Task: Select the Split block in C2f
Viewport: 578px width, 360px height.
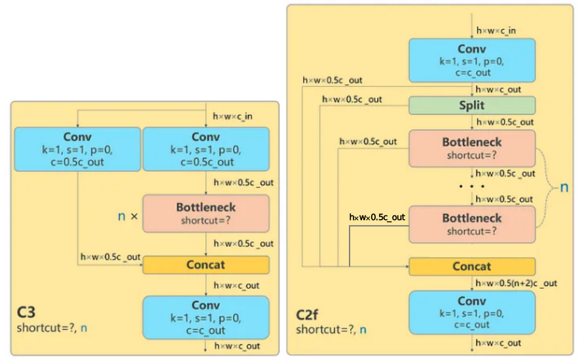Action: (x=472, y=105)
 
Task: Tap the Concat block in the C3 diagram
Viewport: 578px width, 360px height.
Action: (x=206, y=265)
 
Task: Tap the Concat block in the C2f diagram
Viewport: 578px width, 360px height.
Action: (x=472, y=266)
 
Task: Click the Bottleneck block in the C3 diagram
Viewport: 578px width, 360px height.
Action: (x=206, y=213)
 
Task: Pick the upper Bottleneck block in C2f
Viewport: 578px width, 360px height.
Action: (x=472, y=148)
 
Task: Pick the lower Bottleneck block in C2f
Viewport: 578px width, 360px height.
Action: (x=472, y=224)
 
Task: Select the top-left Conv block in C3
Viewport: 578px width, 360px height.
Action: (x=77, y=149)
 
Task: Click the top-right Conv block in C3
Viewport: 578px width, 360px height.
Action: (x=206, y=149)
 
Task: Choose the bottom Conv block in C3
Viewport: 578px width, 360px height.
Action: (x=206, y=317)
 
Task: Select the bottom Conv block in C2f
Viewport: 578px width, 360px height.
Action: (x=472, y=312)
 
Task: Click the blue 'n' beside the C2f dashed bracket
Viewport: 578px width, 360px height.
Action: (x=563, y=188)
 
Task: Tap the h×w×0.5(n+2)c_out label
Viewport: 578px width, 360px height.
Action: (x=516, y=283)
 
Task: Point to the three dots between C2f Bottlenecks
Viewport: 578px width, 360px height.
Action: (x=471, y=187)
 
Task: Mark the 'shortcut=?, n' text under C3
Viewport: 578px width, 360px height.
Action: (x=52, y=327)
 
